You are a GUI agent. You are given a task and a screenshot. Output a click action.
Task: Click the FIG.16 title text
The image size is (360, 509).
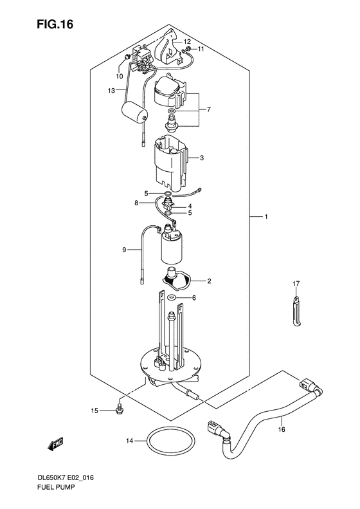pos(55,24)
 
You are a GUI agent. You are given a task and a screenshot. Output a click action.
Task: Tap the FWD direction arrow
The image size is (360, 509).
pos(55,444)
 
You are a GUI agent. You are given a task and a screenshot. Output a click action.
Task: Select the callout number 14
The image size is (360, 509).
pos(130,441)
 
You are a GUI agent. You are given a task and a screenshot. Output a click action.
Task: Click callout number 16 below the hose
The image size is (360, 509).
pos(282,429)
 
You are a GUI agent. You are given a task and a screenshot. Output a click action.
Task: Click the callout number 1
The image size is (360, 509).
pos(266,216)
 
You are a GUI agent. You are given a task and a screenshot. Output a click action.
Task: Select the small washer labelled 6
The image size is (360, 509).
pos(171,297)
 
